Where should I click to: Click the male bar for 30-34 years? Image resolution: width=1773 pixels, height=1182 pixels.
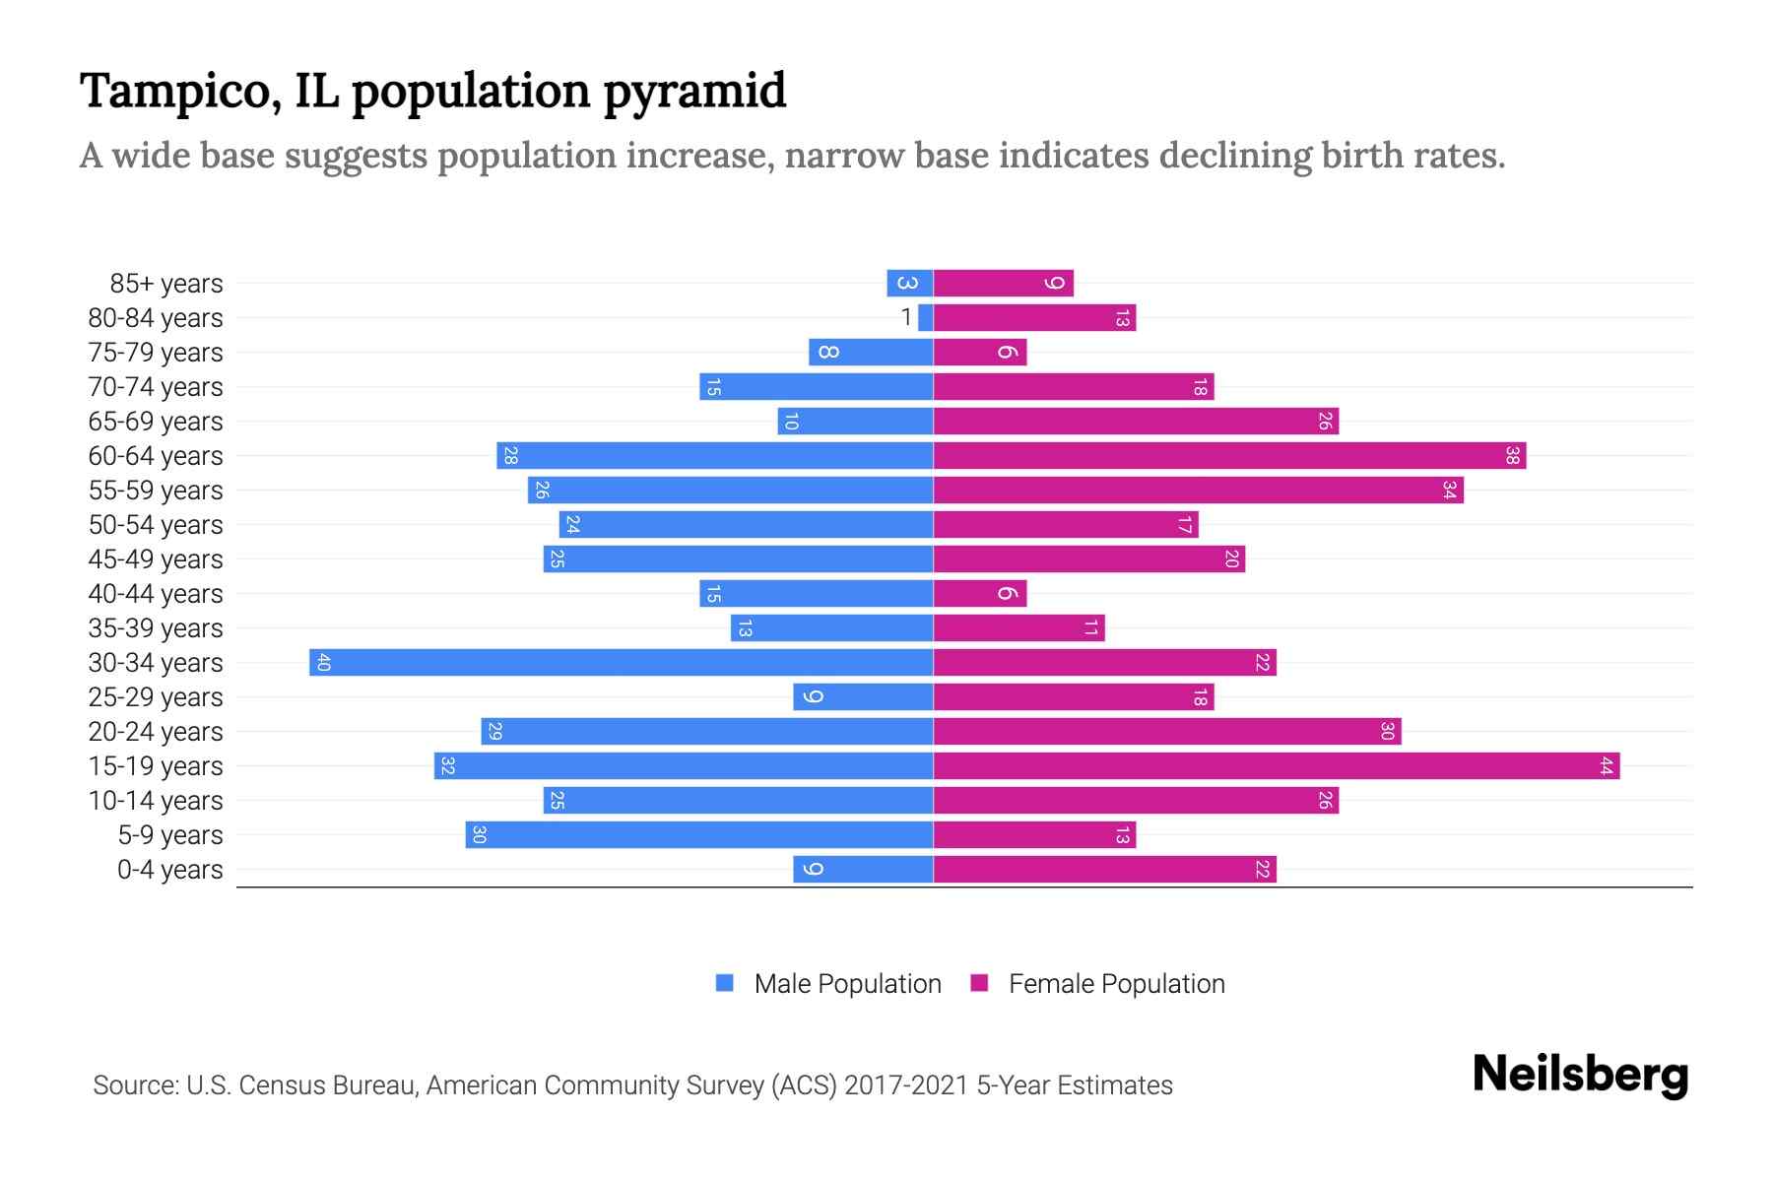click(x=621, y=662)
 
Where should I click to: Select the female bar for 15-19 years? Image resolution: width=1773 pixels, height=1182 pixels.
click(x=1276, y=765)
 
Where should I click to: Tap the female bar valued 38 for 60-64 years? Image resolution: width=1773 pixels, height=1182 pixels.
click(x=1229, y=455)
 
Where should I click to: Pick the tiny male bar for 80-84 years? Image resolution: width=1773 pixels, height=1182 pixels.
click(x=925, y=317)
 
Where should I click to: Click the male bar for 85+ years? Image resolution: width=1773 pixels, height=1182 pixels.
click(x=909, y=283)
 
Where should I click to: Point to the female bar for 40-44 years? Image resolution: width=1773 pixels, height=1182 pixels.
click(x=979, y=593)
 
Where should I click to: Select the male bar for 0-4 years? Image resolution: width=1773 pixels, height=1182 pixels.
click(x=863, y=869)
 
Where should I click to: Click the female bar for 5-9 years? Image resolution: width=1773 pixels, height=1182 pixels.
click(x=1034, y=834)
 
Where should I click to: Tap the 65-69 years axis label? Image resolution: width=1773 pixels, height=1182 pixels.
click(x=156, y=422)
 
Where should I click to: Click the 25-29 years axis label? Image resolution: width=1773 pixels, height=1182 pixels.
click(x=156, y=697)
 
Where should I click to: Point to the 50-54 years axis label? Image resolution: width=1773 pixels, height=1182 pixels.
click(x=156, y=525)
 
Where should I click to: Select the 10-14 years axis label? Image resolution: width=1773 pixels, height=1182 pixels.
click(x=156, y=801)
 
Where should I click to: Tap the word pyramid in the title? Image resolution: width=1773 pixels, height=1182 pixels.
click(x=694, y=92)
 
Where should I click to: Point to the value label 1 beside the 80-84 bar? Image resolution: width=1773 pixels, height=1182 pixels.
click(x=906, y=317)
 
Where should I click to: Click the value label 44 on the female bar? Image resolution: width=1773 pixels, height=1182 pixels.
click(x=1606, y=765)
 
